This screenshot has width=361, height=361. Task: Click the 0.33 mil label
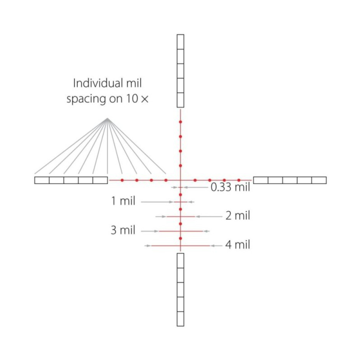click(x=230, y=187)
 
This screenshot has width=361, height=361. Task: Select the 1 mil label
click(x=123, y=201)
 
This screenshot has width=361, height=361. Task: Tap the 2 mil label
click(x=238, y=216)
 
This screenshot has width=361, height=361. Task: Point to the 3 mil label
click(x=123, y=230)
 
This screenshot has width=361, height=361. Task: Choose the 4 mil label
click(x=238, y=245)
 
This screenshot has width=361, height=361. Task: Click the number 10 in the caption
click(x=132, y=99)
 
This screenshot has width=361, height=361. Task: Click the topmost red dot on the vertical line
click(x=180, y=122)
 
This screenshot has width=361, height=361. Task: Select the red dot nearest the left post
click(x=122, y=180)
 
